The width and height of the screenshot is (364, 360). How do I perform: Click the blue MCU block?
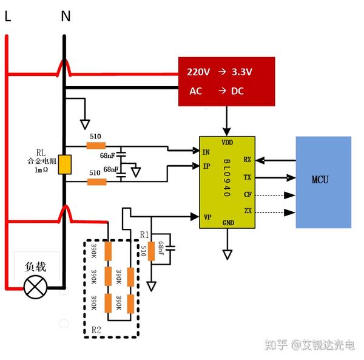point(323,182)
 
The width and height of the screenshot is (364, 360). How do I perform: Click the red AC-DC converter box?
point(226,81)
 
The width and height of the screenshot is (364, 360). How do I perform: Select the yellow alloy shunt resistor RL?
point(65,165)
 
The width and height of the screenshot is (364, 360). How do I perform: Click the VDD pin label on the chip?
point(227,143)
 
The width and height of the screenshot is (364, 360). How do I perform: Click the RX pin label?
point(247,160)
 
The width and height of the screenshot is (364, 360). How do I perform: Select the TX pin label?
point(247,178)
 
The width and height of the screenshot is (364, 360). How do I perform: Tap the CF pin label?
point(247,195)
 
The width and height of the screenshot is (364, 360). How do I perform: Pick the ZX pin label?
point(247,212)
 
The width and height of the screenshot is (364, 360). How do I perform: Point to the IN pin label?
point(206,152)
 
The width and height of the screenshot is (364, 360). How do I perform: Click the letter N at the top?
point(65,17)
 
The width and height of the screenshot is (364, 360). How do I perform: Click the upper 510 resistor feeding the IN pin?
point(96,146)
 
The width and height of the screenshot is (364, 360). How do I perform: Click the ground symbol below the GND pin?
point(227,253)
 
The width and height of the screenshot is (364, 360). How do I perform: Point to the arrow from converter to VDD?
point(227,121)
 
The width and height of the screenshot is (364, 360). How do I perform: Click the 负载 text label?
point(35,267)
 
